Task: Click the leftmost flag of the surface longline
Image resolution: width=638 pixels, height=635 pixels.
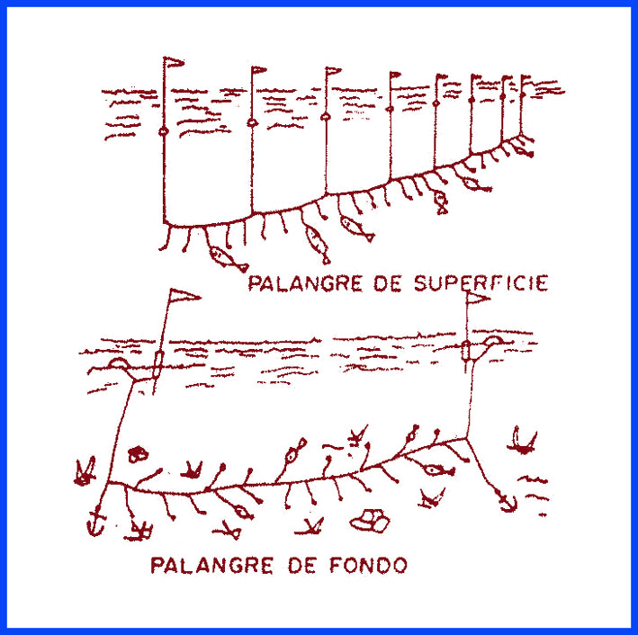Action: [x=173, y=63]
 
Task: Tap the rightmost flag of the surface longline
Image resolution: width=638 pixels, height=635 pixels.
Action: [x=527, y=79]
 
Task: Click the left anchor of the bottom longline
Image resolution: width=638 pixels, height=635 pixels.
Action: [x=94, y=521]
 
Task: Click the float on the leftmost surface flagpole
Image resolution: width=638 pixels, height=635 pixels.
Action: [x=164, y=131]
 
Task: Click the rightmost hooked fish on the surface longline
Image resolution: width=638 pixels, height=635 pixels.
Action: [x=474, y=183]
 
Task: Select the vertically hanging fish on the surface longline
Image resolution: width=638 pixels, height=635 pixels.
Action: [x=440, y=202]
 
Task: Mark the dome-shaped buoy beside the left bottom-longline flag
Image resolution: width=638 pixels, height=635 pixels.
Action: [x=120, y=363]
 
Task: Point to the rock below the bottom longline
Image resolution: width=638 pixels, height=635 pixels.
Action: [x=371, y=519]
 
